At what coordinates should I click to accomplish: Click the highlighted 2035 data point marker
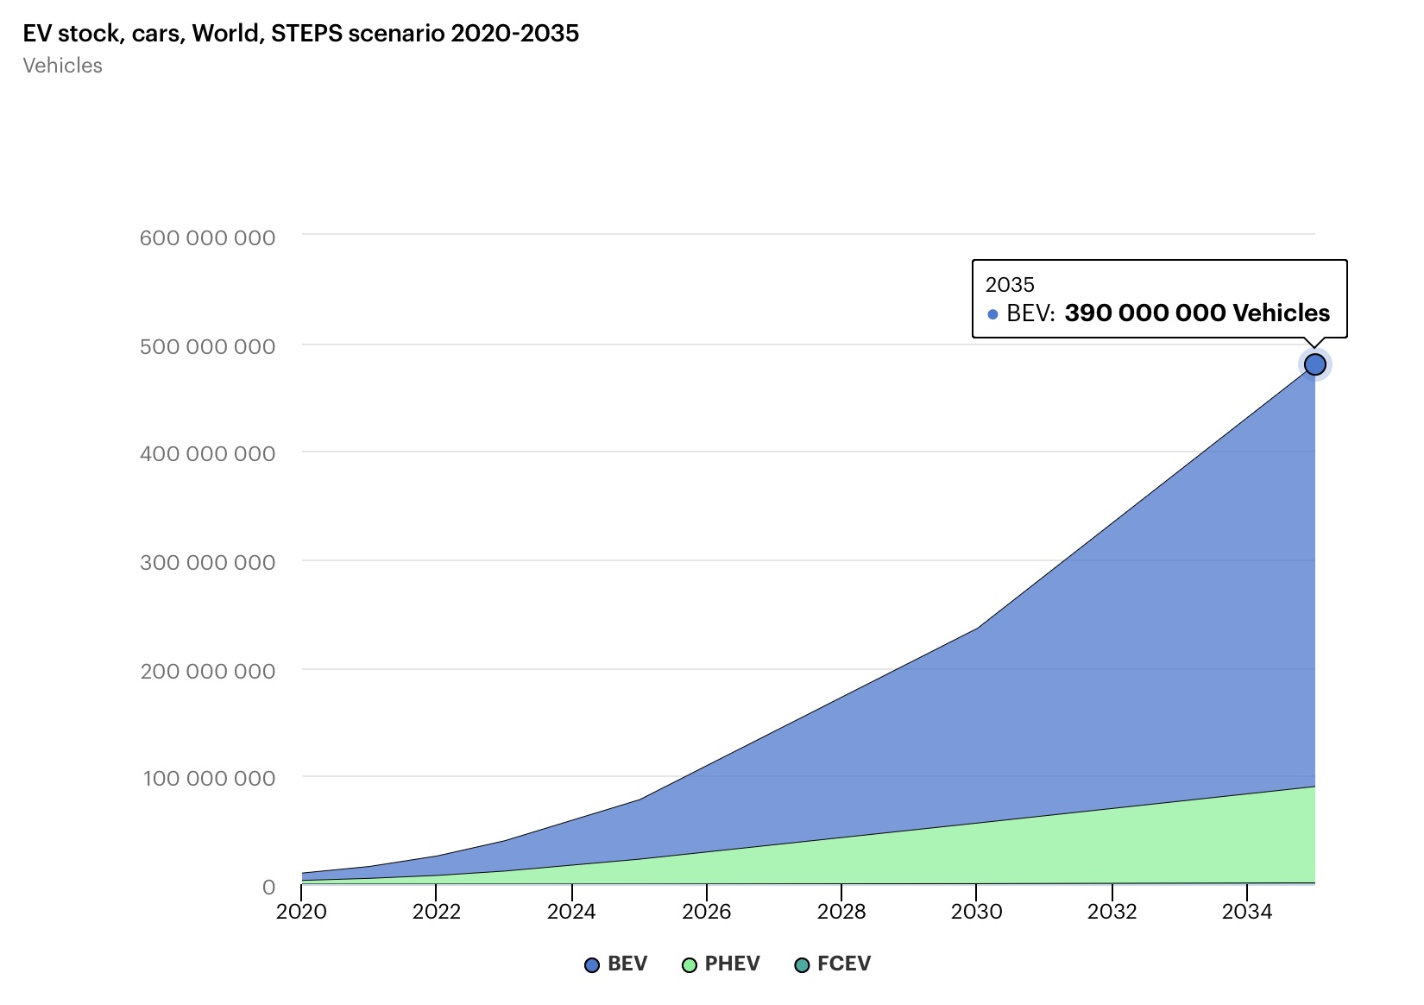point(1314,364)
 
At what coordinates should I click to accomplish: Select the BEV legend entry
point(616,964)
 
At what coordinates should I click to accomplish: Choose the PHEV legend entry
point(721,964)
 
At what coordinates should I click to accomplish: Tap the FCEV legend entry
point(833,964)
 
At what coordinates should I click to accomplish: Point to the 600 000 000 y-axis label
point(207,237)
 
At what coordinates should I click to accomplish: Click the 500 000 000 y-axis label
point(207,346)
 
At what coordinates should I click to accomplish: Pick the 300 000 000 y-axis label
point(207,562)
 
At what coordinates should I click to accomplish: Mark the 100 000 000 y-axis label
point(209,778)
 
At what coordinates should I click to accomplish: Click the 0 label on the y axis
point(268,887)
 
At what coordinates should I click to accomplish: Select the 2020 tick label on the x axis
point(301,911)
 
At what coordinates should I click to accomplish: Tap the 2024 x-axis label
point(571,911)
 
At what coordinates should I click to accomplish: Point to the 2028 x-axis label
point(841,911)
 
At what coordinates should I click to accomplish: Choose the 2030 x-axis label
point(976,911)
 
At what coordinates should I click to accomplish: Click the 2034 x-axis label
point(1247,911)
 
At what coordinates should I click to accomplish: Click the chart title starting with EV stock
point(300,34)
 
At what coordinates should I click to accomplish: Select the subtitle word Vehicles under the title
point(62,66)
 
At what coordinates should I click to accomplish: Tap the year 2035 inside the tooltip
point(1010,284)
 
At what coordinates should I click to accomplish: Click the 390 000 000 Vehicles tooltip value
point(1197,313)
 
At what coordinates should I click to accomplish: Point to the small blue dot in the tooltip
point(992,314)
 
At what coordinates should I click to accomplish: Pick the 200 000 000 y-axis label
point(207,671)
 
